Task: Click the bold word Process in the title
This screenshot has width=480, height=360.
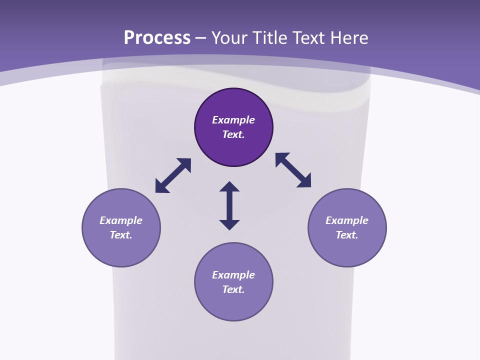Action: (x=157, y=38)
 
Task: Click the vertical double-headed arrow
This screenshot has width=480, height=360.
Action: (x=229, y=206)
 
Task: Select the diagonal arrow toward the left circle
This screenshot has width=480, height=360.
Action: (x=173, y=175)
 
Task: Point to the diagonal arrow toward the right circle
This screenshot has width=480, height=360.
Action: (x=293, y=170)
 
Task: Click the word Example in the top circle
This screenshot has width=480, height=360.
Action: (x=233, y=120)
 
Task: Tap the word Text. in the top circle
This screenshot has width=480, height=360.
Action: (x=233, y=134)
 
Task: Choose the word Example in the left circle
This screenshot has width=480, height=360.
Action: (x=121, y=220)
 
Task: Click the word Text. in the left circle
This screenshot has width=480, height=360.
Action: (x=121, y=235)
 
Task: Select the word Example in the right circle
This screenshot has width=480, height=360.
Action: (x=347, y=220)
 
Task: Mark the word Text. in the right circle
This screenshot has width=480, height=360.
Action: (x=347, y=235)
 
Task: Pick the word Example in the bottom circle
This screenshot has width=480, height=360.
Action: (x=233, y=275)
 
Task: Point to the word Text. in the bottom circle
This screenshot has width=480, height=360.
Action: (x=233, y=289)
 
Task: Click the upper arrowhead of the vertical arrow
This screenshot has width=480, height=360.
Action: (x=229, y=187)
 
